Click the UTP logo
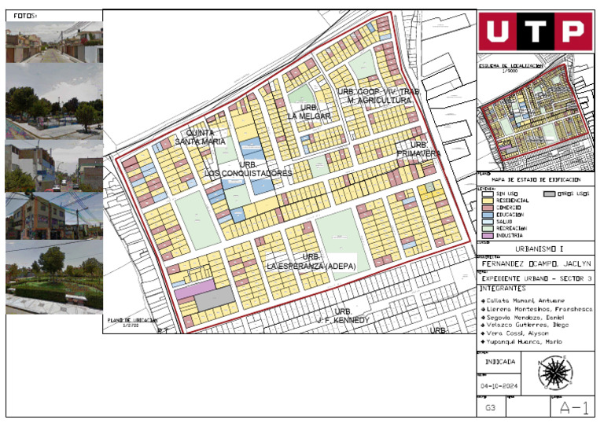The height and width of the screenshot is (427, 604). [536, 31]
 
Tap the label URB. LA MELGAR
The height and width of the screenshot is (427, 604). [309, 112]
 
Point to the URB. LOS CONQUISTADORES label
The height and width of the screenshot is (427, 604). [249, 169]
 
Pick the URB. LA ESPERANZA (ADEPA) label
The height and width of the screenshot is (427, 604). [311, 262]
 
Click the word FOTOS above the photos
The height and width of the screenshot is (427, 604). [25, 15]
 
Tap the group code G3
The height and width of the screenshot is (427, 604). [490, 407]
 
